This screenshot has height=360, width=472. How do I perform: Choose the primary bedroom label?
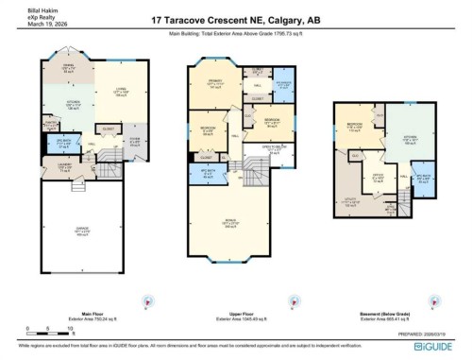[x=215, y=85]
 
